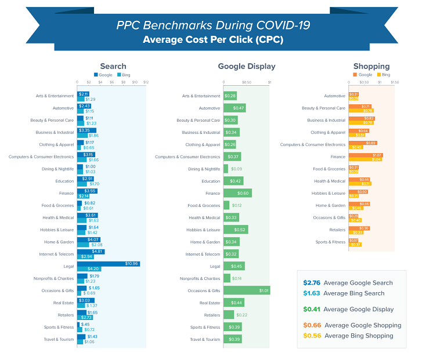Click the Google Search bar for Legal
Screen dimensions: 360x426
[109, 263]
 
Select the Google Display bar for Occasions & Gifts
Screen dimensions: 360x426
[247, 290]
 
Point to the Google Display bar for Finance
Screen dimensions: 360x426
[237, 193]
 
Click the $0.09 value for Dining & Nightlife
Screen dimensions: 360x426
[236, 169]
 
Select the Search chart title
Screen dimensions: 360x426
[113, 66]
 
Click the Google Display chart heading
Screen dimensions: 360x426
[247, 66]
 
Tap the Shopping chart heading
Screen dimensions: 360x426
[371, 66]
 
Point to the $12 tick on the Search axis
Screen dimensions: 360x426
[146, 82]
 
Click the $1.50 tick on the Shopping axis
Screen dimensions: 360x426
[395, 82]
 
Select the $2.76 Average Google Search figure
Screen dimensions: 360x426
[312, 283]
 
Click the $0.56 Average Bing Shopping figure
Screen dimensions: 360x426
[312, 336]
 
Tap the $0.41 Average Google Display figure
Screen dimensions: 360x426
[312, 310]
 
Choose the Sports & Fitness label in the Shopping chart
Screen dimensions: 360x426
[331, 242]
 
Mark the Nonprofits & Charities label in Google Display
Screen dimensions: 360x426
[200, 278]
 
